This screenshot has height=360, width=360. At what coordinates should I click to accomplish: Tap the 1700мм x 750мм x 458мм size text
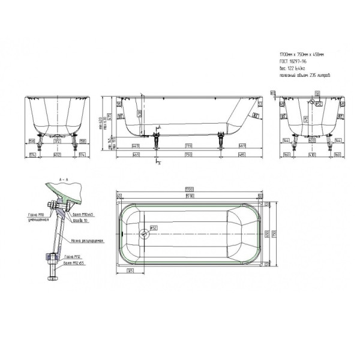(x=301, y=53)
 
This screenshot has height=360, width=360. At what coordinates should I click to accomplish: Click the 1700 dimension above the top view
(x=189, y=190)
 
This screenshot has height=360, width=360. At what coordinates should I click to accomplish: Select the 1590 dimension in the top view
(x=189, y=196)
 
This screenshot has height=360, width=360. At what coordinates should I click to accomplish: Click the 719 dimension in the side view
(x=188, y=146)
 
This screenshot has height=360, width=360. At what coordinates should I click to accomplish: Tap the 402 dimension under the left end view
(x=58, y=154)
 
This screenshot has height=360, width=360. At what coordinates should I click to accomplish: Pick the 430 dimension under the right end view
(x=311, y=154)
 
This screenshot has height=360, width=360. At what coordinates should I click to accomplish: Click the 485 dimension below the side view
(x=241, y=154)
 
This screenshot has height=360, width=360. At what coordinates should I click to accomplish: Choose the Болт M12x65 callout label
(x=74, y=262)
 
